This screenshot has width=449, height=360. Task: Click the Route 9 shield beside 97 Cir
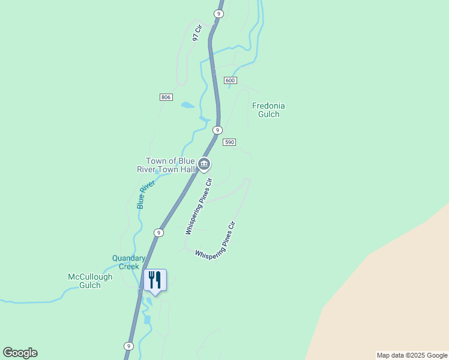[218, 13]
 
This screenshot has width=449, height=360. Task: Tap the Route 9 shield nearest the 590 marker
[217, 130]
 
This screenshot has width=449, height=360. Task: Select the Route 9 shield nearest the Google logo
[128, 346]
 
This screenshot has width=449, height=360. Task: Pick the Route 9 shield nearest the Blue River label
[158, 232]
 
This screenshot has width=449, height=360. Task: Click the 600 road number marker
[231, 80]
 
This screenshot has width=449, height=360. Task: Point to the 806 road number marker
[166, 97]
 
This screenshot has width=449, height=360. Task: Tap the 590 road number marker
[229, 142]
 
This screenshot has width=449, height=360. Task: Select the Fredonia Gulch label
[268, 110]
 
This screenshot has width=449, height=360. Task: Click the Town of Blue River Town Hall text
[171, 165]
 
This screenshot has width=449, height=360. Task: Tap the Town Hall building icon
[204, 163]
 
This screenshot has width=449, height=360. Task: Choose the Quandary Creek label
[129, 262]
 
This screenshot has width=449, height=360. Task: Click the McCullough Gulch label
[90, 281]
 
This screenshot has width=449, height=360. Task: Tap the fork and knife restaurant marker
[155, 280]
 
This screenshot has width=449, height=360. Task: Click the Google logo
[20, 353]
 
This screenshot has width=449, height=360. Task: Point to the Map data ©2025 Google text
[412, 355]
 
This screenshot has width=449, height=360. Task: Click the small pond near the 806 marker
[188, 105]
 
